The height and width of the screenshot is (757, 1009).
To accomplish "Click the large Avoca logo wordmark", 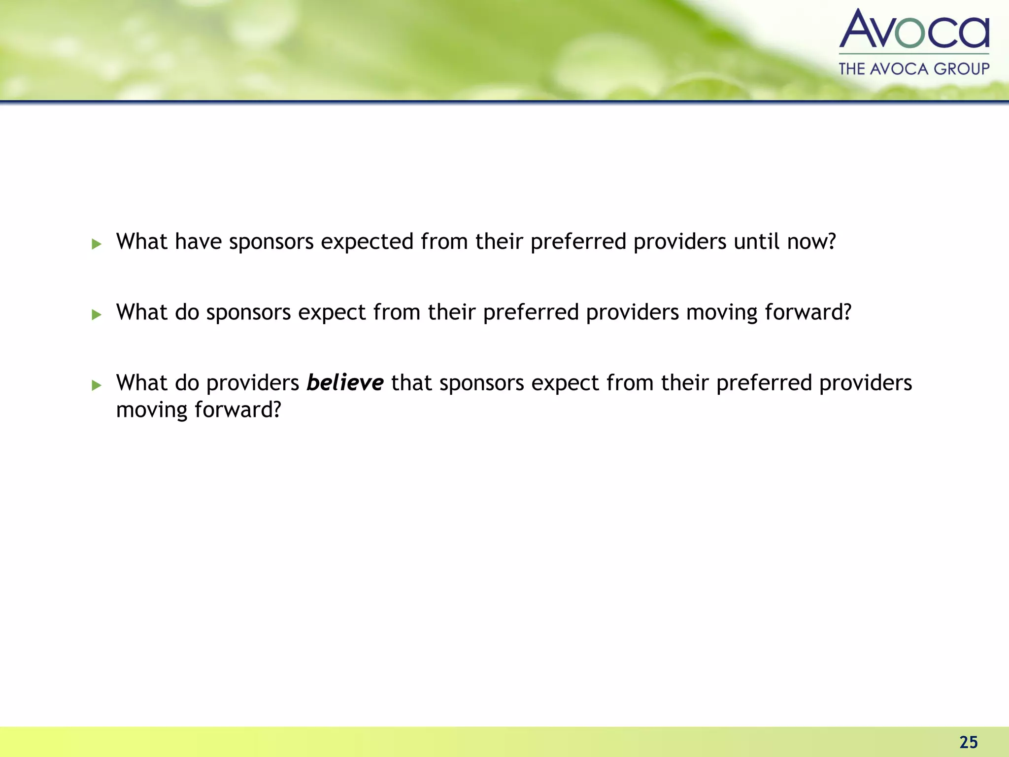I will (x=914, y=30).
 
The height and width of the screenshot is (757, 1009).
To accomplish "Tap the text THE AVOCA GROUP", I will (x=914, y=69).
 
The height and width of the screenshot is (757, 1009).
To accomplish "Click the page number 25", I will (x=969, y=742).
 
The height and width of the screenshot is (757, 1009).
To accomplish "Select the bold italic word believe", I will (x=345, y=383).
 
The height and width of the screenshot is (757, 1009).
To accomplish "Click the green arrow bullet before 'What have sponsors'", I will (x=97, y=243).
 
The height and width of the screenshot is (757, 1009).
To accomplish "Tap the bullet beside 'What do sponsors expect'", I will (x=97, y=314).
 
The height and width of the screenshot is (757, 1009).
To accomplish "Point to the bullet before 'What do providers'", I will (x=97, y=385).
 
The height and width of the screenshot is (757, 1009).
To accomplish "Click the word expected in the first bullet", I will (x=367, y=242).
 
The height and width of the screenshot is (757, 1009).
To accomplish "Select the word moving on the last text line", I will (x=152, y=410).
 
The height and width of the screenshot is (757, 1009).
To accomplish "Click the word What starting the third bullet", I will (x=142, y=383).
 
